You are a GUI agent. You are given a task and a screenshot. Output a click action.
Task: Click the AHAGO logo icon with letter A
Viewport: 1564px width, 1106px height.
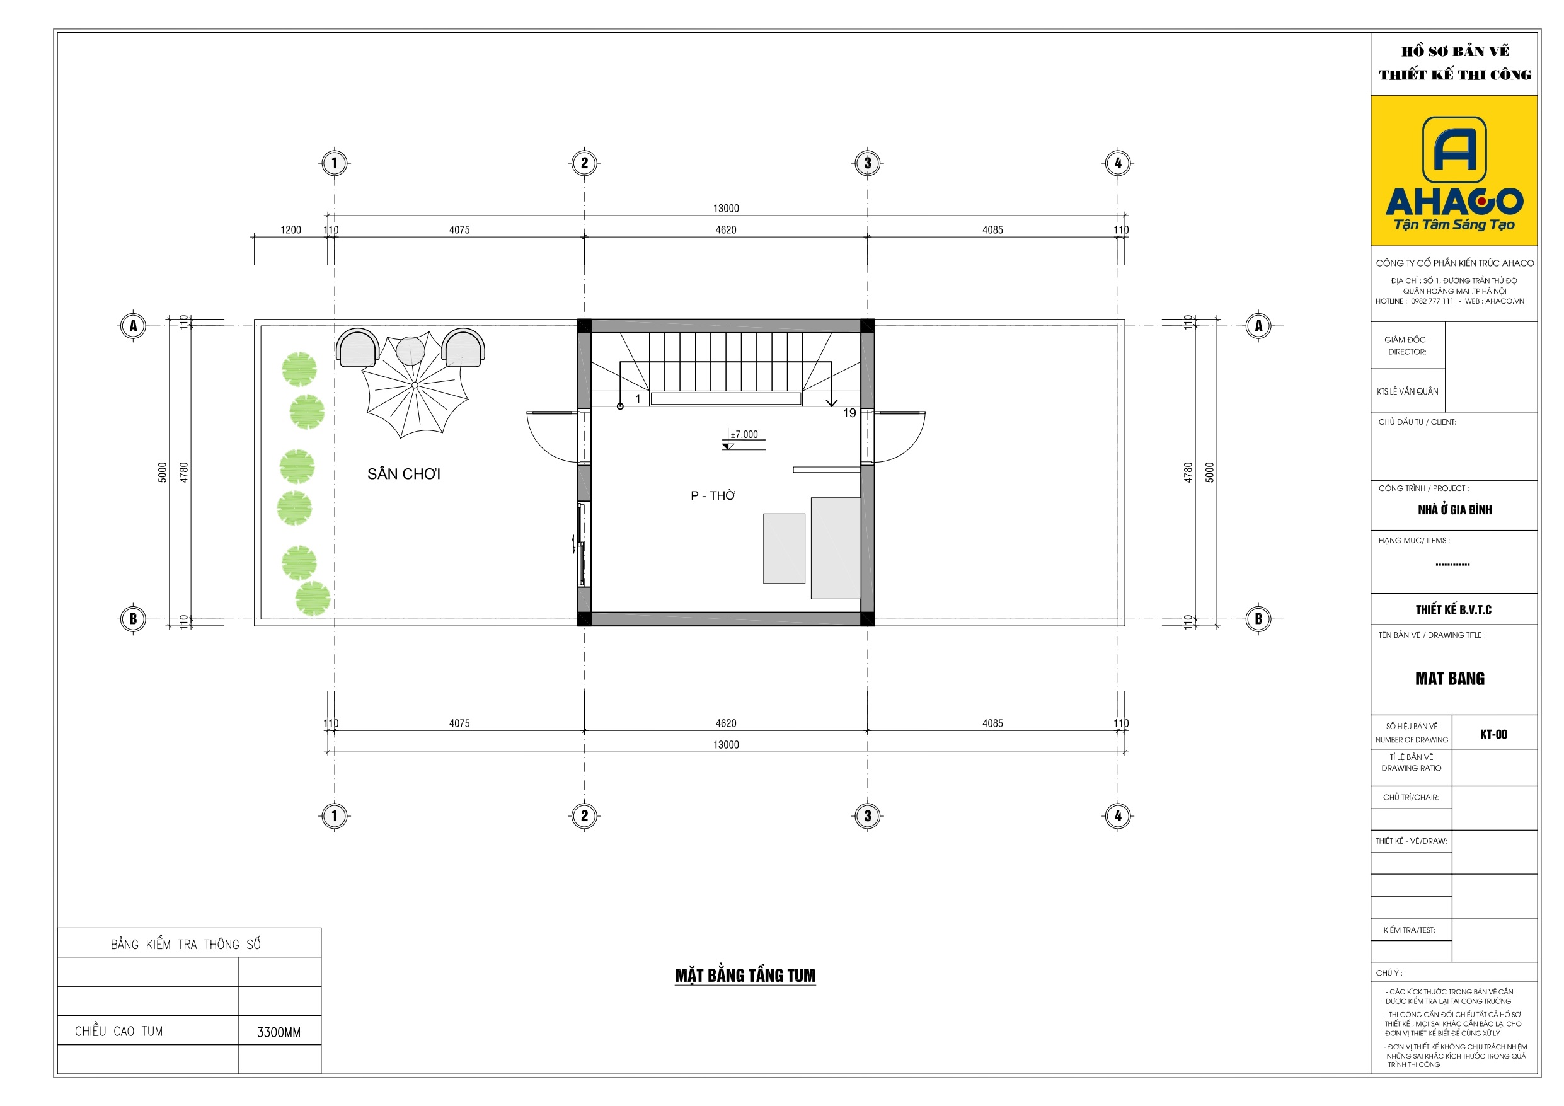tap(1454, 149)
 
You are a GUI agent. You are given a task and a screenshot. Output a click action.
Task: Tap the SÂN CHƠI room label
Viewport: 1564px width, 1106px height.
tap(404, 474)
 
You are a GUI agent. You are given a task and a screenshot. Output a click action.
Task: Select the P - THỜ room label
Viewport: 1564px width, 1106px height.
tap(713, 495)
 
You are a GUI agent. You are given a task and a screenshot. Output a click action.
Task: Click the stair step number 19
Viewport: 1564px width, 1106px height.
tap(849, 413)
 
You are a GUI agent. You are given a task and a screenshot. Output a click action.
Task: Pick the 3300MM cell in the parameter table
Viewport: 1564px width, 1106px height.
tap(279, 1032)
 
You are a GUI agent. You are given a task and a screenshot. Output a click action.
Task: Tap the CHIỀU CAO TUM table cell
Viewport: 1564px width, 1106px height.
tap(119, 1031)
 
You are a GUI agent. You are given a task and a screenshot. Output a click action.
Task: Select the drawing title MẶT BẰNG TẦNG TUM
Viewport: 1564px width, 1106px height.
tap(745, 976)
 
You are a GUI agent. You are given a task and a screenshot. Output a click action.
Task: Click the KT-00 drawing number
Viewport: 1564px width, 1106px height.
tap(1494, 734)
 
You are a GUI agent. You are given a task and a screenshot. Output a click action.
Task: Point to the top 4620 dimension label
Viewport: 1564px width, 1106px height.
tap(726, 229)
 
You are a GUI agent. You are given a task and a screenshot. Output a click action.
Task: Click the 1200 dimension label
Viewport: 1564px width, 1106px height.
tap(291, 229)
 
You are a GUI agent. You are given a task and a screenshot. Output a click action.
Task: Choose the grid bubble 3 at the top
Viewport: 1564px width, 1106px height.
tap(867, 163)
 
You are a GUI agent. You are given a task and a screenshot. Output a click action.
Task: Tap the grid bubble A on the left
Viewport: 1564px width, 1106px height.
tap(133, 326)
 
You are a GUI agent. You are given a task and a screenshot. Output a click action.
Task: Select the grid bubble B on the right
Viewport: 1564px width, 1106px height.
tap(1258, 619)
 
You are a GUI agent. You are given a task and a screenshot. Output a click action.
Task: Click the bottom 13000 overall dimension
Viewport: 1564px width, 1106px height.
tap(726, 745)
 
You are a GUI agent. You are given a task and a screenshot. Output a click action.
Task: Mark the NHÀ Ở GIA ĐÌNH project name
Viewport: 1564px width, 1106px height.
tap(1455, 510)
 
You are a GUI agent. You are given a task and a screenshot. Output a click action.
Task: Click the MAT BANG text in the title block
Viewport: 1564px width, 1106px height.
tap(1450, 679)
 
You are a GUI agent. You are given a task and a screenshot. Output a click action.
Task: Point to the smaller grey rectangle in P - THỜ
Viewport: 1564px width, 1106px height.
tap(784, 548)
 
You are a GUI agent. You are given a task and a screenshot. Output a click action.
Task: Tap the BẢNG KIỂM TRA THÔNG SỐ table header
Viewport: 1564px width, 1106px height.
tap(185, 944)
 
